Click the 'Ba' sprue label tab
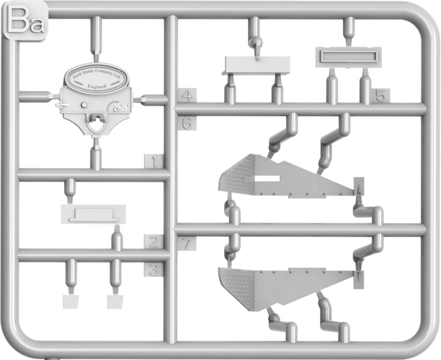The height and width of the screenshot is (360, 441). coord(25,21)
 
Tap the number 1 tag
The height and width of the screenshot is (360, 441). coord(153,161)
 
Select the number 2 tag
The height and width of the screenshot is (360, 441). coord(153,242)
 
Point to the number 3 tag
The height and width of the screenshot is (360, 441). coord(153,270)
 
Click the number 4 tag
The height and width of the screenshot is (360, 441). coord(187,95)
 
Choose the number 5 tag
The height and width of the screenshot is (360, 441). coord(381,96)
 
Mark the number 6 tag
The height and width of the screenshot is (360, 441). coord(187,123)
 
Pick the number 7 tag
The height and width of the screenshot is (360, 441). coord(187,244)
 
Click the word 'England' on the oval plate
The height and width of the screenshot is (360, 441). coord(97,86)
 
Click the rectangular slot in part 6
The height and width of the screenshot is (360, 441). coord(267,178)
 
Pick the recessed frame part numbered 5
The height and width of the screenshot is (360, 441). coord(348,57)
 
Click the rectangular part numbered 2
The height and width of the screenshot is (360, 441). coord(93,214)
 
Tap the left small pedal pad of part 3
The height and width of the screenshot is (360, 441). coord(71,302)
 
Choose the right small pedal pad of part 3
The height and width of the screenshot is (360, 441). coord(116,302)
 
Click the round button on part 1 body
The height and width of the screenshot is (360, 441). coord(84,105)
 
